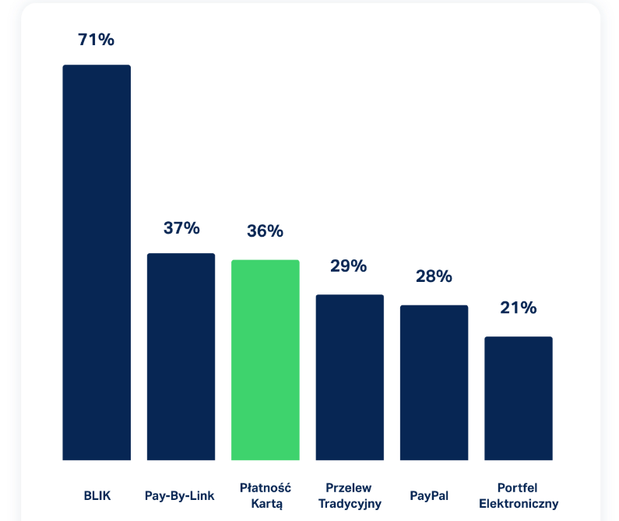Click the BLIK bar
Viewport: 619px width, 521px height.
click(x=97, y=262)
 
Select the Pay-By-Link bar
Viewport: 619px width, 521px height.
click(x=181, y=357)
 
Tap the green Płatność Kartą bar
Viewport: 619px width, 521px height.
click(x=266, y=360)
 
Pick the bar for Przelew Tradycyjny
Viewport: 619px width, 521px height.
click(x=350, y=377)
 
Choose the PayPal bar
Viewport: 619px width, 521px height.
click(x=434, y=382)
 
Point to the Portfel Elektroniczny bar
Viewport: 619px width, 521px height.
click(x=518, y=398)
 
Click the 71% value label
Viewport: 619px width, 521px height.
click(x=97, y=40)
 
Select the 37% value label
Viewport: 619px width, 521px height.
click(x=181, y=228)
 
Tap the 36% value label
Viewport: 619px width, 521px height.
click(x=266, y=231)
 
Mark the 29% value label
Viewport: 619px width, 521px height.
click(x=349, y=266)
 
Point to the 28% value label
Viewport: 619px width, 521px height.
click(x=434, y=276)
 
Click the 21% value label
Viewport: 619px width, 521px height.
click(x=518, y=308)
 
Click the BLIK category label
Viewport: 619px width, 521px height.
click(x=97, y=495)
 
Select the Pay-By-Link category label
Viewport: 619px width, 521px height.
click(x=181, y=495)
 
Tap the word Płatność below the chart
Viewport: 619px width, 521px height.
click(x=266, y=488)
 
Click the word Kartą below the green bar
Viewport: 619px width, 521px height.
click(x=266, y=504)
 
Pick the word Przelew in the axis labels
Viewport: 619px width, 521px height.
click(x=349, y=488)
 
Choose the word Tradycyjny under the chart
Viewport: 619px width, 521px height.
click(x=349, y=504)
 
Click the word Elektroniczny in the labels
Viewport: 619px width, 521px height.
click(x=519, y=504)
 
